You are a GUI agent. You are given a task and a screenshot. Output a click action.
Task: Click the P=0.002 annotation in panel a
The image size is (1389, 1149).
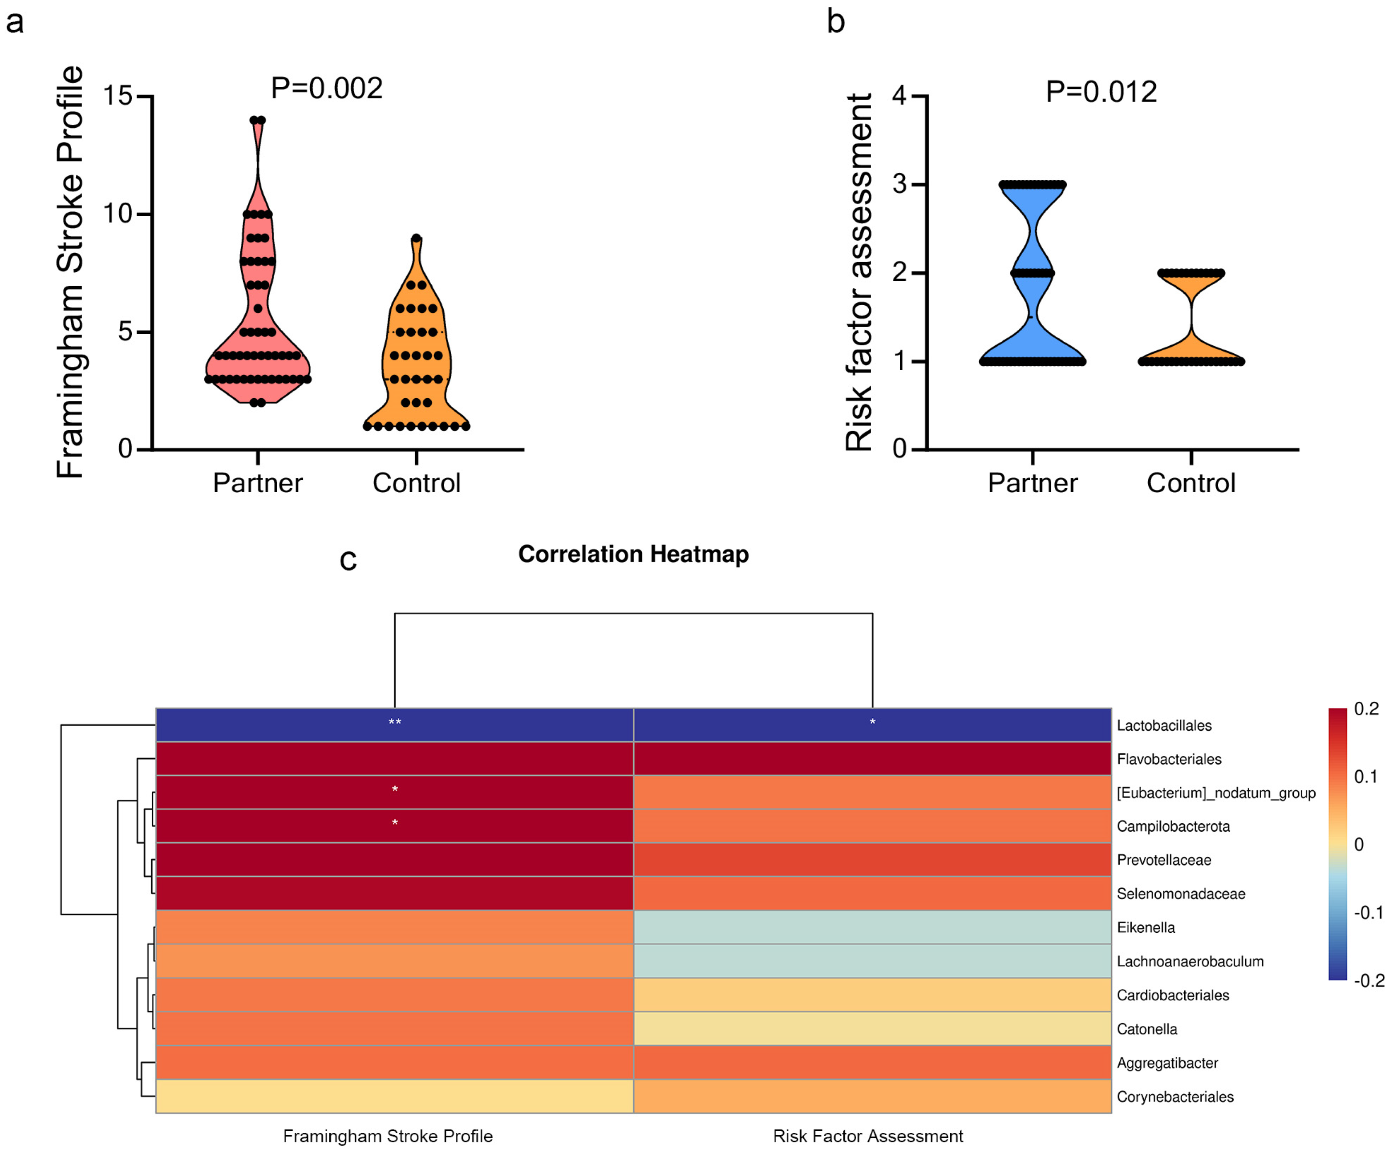(327, 89)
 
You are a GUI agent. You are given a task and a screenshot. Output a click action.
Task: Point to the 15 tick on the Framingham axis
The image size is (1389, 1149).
(118, 96)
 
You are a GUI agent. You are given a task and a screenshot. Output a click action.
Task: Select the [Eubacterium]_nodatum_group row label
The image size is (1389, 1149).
(1216, 793)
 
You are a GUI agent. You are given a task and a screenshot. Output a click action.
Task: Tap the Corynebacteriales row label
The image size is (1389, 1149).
(1174, 1097)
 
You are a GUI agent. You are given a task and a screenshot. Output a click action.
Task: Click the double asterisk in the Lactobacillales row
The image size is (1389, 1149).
(395, 722)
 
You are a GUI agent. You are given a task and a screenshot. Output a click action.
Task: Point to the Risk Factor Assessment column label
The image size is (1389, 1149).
(868, 1137)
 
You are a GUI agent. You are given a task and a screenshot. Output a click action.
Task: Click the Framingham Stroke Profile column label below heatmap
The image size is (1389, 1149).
(388, 1137)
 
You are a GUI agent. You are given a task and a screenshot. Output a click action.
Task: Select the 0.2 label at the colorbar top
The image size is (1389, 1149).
(1366, 709)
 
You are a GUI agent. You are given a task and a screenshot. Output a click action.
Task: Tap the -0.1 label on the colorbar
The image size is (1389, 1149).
(1368, 913)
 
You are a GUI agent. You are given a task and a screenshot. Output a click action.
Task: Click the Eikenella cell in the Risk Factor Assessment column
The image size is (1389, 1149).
(872, 927)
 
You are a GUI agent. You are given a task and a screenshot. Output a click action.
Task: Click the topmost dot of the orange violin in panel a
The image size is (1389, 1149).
(416, 238)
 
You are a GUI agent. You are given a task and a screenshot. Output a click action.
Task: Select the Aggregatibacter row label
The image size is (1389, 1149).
(1167, 1063)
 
